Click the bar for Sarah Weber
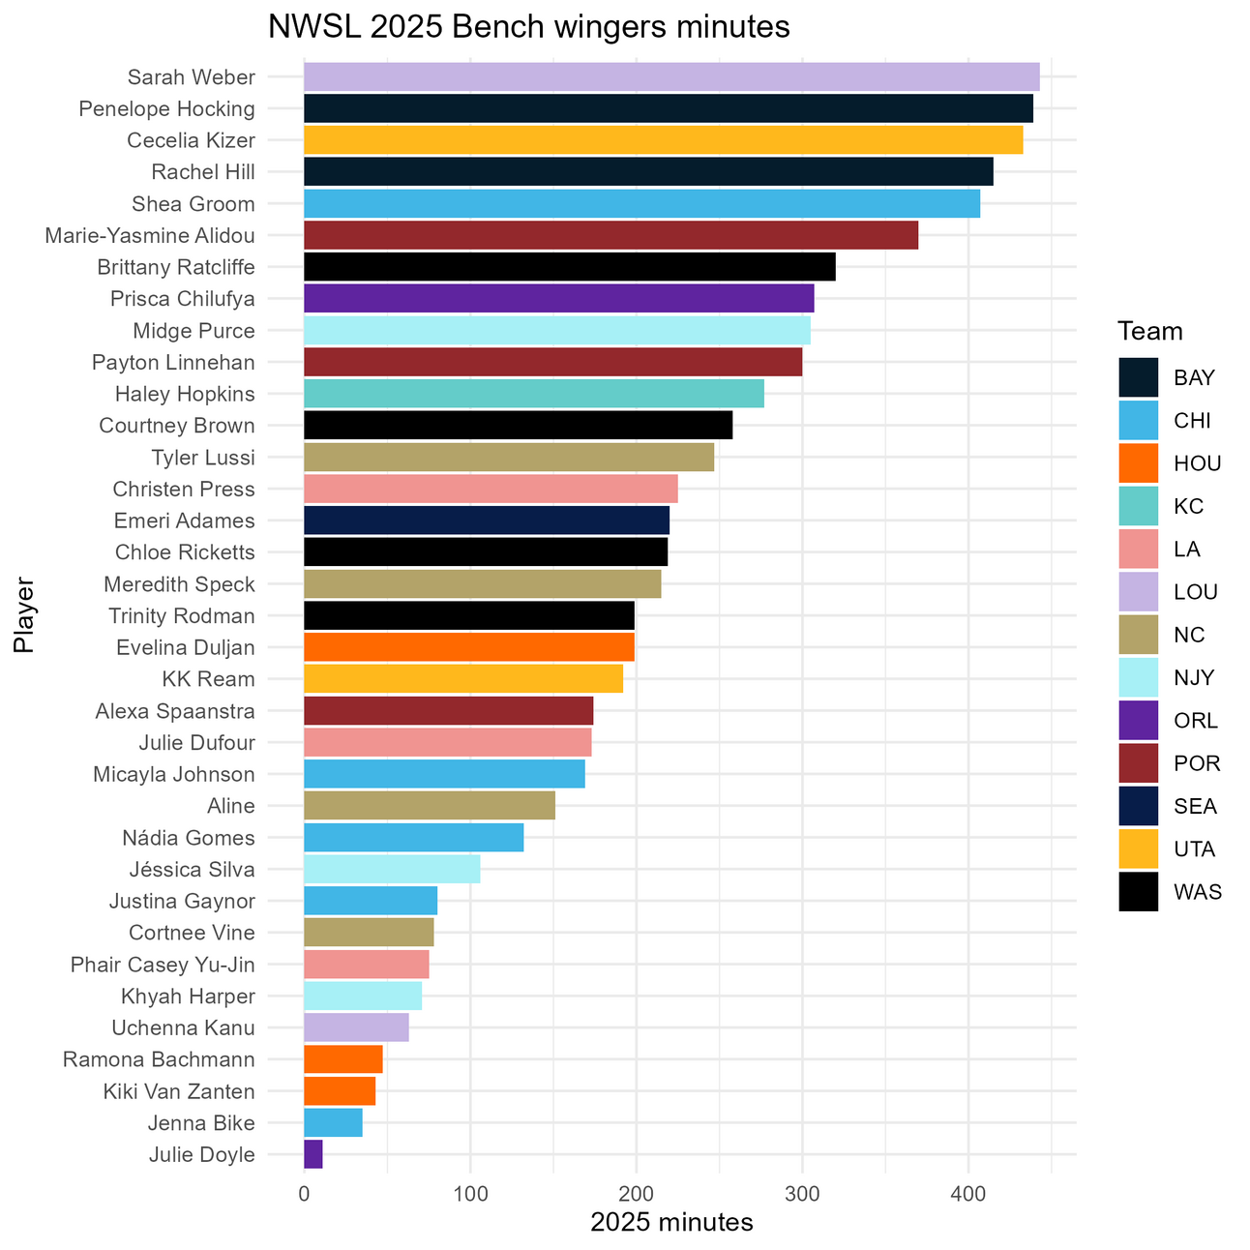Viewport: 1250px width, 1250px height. [x=671, y=77]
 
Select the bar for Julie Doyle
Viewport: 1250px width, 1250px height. [x=313, y=1154]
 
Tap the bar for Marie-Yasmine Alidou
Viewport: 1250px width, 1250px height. [x=610, y=235]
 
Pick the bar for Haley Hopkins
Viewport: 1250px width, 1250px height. [x=534, y=394]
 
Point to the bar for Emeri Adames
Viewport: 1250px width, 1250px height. [x=487, y=521]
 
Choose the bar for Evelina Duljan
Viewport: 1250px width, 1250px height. [x=469, y=647]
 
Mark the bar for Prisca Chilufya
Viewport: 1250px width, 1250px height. [x=559, y=299]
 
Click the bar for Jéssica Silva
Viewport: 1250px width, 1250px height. [x=392, y=869]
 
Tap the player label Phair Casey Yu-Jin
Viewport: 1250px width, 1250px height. [x=163, y=965]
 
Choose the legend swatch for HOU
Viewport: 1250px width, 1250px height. [x=1139, y=463]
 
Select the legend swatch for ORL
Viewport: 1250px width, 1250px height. [x=1139, y=721]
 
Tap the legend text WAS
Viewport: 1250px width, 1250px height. [x=1198, y=892]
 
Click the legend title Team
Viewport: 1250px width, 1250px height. [x=1150, y=332]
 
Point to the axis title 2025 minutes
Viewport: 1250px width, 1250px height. [x=671, y=1222]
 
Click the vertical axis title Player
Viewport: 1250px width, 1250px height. [x=24, y=616]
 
